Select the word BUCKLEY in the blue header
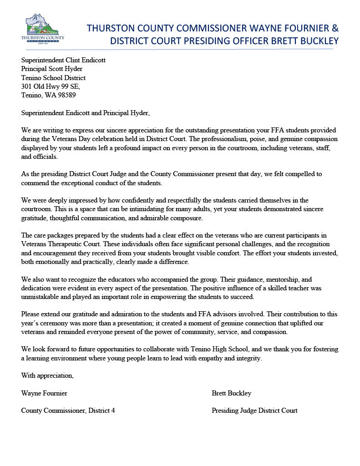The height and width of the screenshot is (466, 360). pos(318,41)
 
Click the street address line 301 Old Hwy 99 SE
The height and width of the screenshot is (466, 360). pos(51,86)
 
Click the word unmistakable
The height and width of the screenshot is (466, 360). pos(41,297)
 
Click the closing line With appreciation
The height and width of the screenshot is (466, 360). pos(47,375)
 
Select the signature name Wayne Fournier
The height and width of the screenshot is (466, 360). pos(44,393)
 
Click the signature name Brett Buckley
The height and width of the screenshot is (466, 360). pos(231,393)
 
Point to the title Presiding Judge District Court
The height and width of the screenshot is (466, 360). pos(254,410)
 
